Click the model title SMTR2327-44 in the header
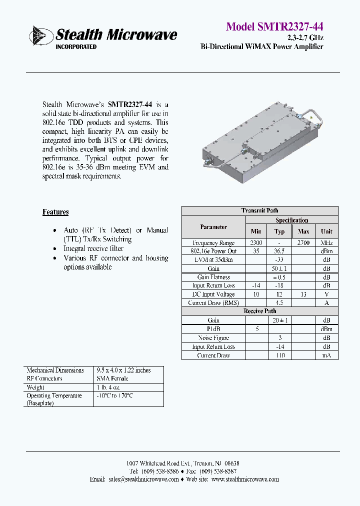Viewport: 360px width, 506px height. click(274, 26)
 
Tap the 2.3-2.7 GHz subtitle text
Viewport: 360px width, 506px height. click(305, 38)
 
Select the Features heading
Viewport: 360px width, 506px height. click(55, 212)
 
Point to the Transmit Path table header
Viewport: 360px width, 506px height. click(259, 210)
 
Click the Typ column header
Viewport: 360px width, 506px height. click(279, 231)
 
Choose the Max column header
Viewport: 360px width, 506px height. click(303, 231)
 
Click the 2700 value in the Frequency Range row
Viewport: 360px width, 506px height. click(303, 242)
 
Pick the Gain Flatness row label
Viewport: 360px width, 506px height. click(213, 277)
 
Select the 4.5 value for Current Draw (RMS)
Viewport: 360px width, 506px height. click(279, 303)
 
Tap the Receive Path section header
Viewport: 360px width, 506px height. click(259, 311)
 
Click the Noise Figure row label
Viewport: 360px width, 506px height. click(213, 338)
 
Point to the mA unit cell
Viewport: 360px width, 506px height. click(326, 355)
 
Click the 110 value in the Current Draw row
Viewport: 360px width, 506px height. click(279, 355)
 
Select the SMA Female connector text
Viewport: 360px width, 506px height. click(112, 378)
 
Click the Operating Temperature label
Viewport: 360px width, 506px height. click(54, 395)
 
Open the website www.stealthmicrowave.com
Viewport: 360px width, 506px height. click(245, 479)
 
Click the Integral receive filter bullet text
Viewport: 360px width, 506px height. click(93, 248)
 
